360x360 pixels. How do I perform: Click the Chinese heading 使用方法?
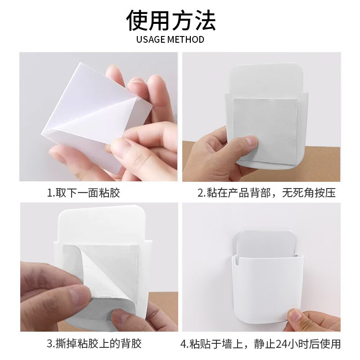tap(171, 20)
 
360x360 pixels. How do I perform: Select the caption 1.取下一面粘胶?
tap(83, 193)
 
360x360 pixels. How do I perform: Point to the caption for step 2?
tap(266, 193)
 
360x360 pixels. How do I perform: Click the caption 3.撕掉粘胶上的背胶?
tap(94, 344)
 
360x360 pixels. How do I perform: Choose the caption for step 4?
tap(261, 344)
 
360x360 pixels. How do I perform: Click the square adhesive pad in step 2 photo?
tap(265, 131)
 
